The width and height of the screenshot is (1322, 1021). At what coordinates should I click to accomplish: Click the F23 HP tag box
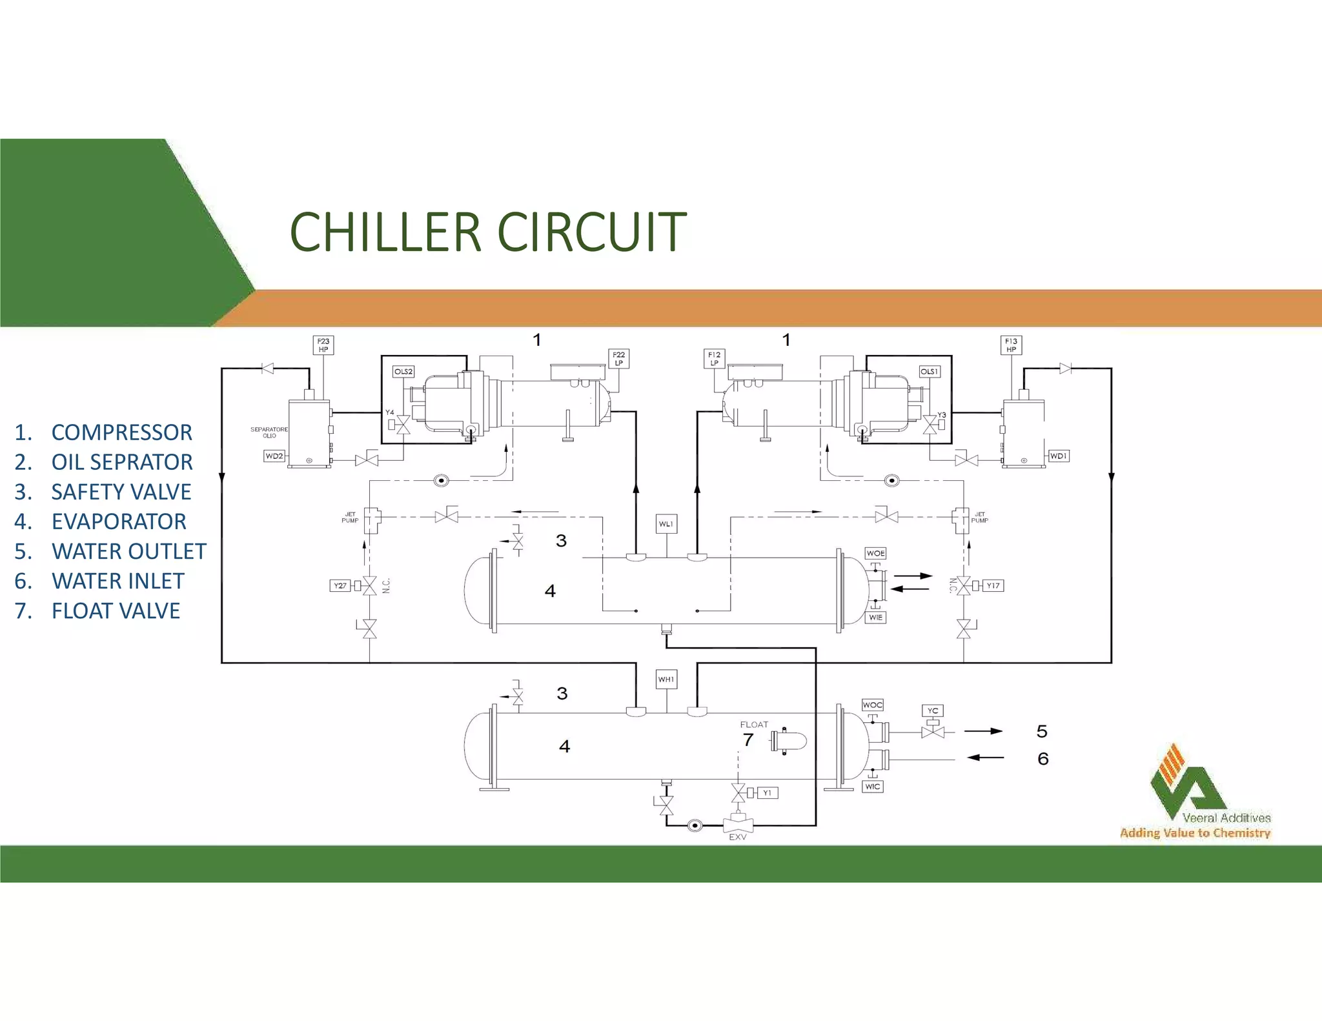[323, 345]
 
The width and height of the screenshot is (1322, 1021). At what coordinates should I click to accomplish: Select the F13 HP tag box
[1011, 345]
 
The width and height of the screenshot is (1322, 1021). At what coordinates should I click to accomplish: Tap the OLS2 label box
[403, 372]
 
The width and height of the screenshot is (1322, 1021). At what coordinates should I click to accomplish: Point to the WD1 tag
[1058, 456]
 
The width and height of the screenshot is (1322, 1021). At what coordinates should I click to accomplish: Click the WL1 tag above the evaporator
[666, 524]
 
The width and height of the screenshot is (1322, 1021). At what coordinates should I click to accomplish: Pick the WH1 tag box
[666, 680]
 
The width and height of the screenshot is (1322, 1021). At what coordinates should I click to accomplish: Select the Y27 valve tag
[340, 586]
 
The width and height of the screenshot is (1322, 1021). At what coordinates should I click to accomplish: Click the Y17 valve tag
[993, 586]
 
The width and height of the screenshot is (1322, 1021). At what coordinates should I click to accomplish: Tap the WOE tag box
[875, 554]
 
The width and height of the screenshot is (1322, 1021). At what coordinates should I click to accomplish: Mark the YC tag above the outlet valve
[933, 711]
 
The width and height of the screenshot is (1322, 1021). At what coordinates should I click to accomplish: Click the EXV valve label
[738, 837]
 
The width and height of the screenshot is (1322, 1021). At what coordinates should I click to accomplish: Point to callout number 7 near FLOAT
[748, 740]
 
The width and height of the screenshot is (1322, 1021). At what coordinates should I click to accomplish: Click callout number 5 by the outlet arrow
[1042, 731]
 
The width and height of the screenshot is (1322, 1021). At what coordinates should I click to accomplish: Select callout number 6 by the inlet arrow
[1043, 759]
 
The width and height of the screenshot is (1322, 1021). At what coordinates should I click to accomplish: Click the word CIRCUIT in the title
[591, 232]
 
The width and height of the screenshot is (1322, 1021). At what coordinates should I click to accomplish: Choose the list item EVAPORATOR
[119, 521]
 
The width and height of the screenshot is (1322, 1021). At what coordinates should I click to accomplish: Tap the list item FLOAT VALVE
[116, 611]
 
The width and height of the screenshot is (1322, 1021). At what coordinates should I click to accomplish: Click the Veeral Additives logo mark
[1186, 781]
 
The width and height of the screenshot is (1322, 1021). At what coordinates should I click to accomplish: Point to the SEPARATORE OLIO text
[269, 432]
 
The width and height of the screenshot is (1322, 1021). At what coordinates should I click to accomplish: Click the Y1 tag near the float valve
[767, 793]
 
